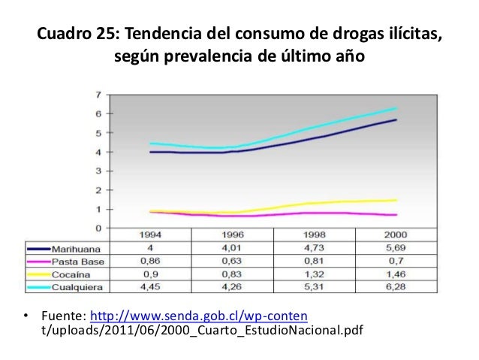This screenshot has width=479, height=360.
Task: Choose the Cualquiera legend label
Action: click(74, 286)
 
